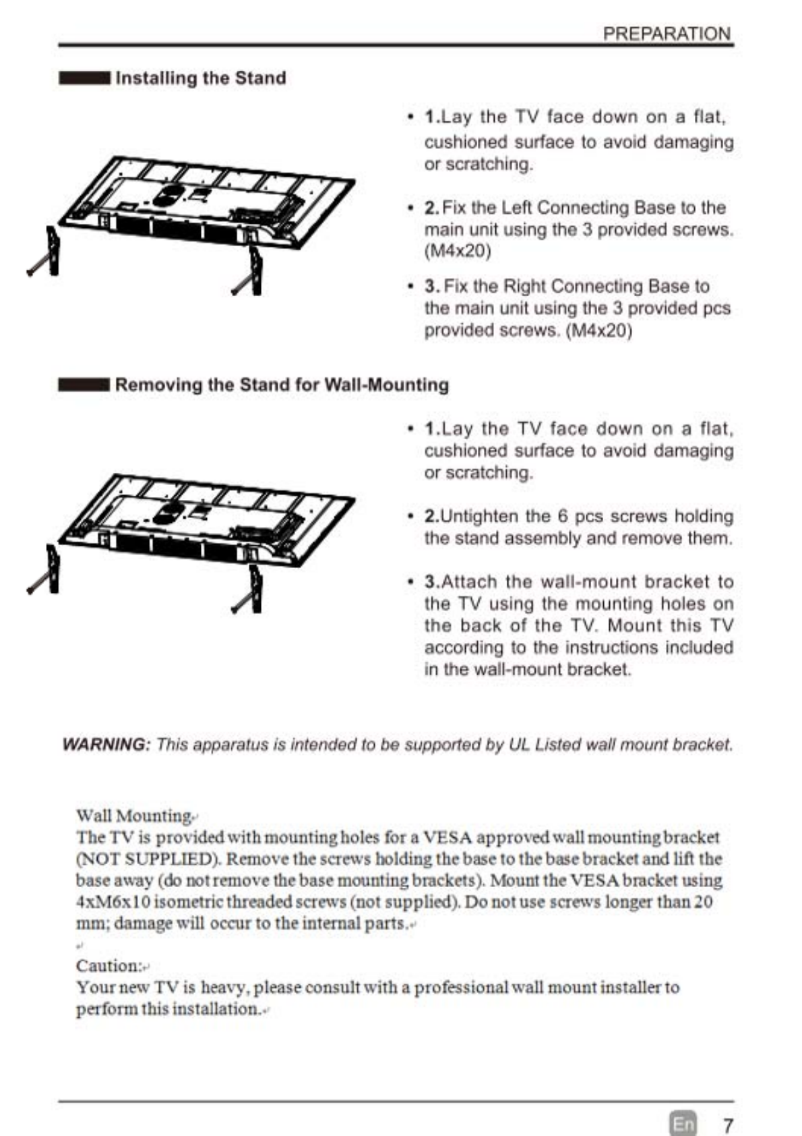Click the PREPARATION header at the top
[x=666, y=34]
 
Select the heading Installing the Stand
[x=200, y=78]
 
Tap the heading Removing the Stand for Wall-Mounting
[x=282, y=385]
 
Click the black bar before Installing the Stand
[x=84, y=78]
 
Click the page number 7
[x=728, y=1125]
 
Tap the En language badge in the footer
[x=683, y=1124]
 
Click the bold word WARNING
[x=104, y=745]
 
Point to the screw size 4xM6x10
[x=114, y=903]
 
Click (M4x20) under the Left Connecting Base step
[x=458, y=252]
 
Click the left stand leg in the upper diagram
[x=47, y=253]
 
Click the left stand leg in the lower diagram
[x=47, y=570]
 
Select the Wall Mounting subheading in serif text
[x=133, y=816]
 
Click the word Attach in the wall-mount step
[x=469, y=582]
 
